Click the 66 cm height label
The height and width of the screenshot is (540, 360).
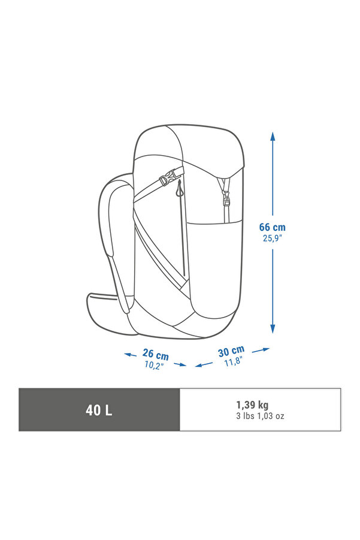pos(272,227)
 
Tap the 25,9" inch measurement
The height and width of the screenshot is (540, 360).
pos(272,238)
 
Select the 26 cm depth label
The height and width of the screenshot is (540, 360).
pos(156,354)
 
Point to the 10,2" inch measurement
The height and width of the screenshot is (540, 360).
pos(153,365)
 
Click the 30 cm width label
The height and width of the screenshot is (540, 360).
pos(231,351)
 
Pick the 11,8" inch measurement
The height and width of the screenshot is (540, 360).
pos(234,361)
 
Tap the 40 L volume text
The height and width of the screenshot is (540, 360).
pos(99,410)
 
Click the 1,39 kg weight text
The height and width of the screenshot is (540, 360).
pos(252,405)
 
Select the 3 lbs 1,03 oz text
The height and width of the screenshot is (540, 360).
pos(260,416)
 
